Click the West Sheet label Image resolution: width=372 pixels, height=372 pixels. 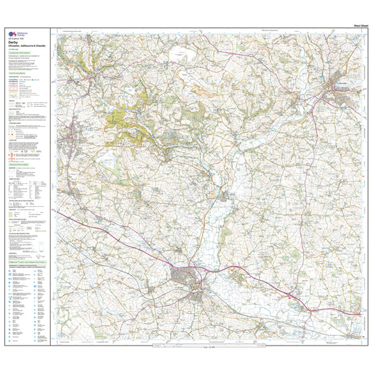[358, 25]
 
